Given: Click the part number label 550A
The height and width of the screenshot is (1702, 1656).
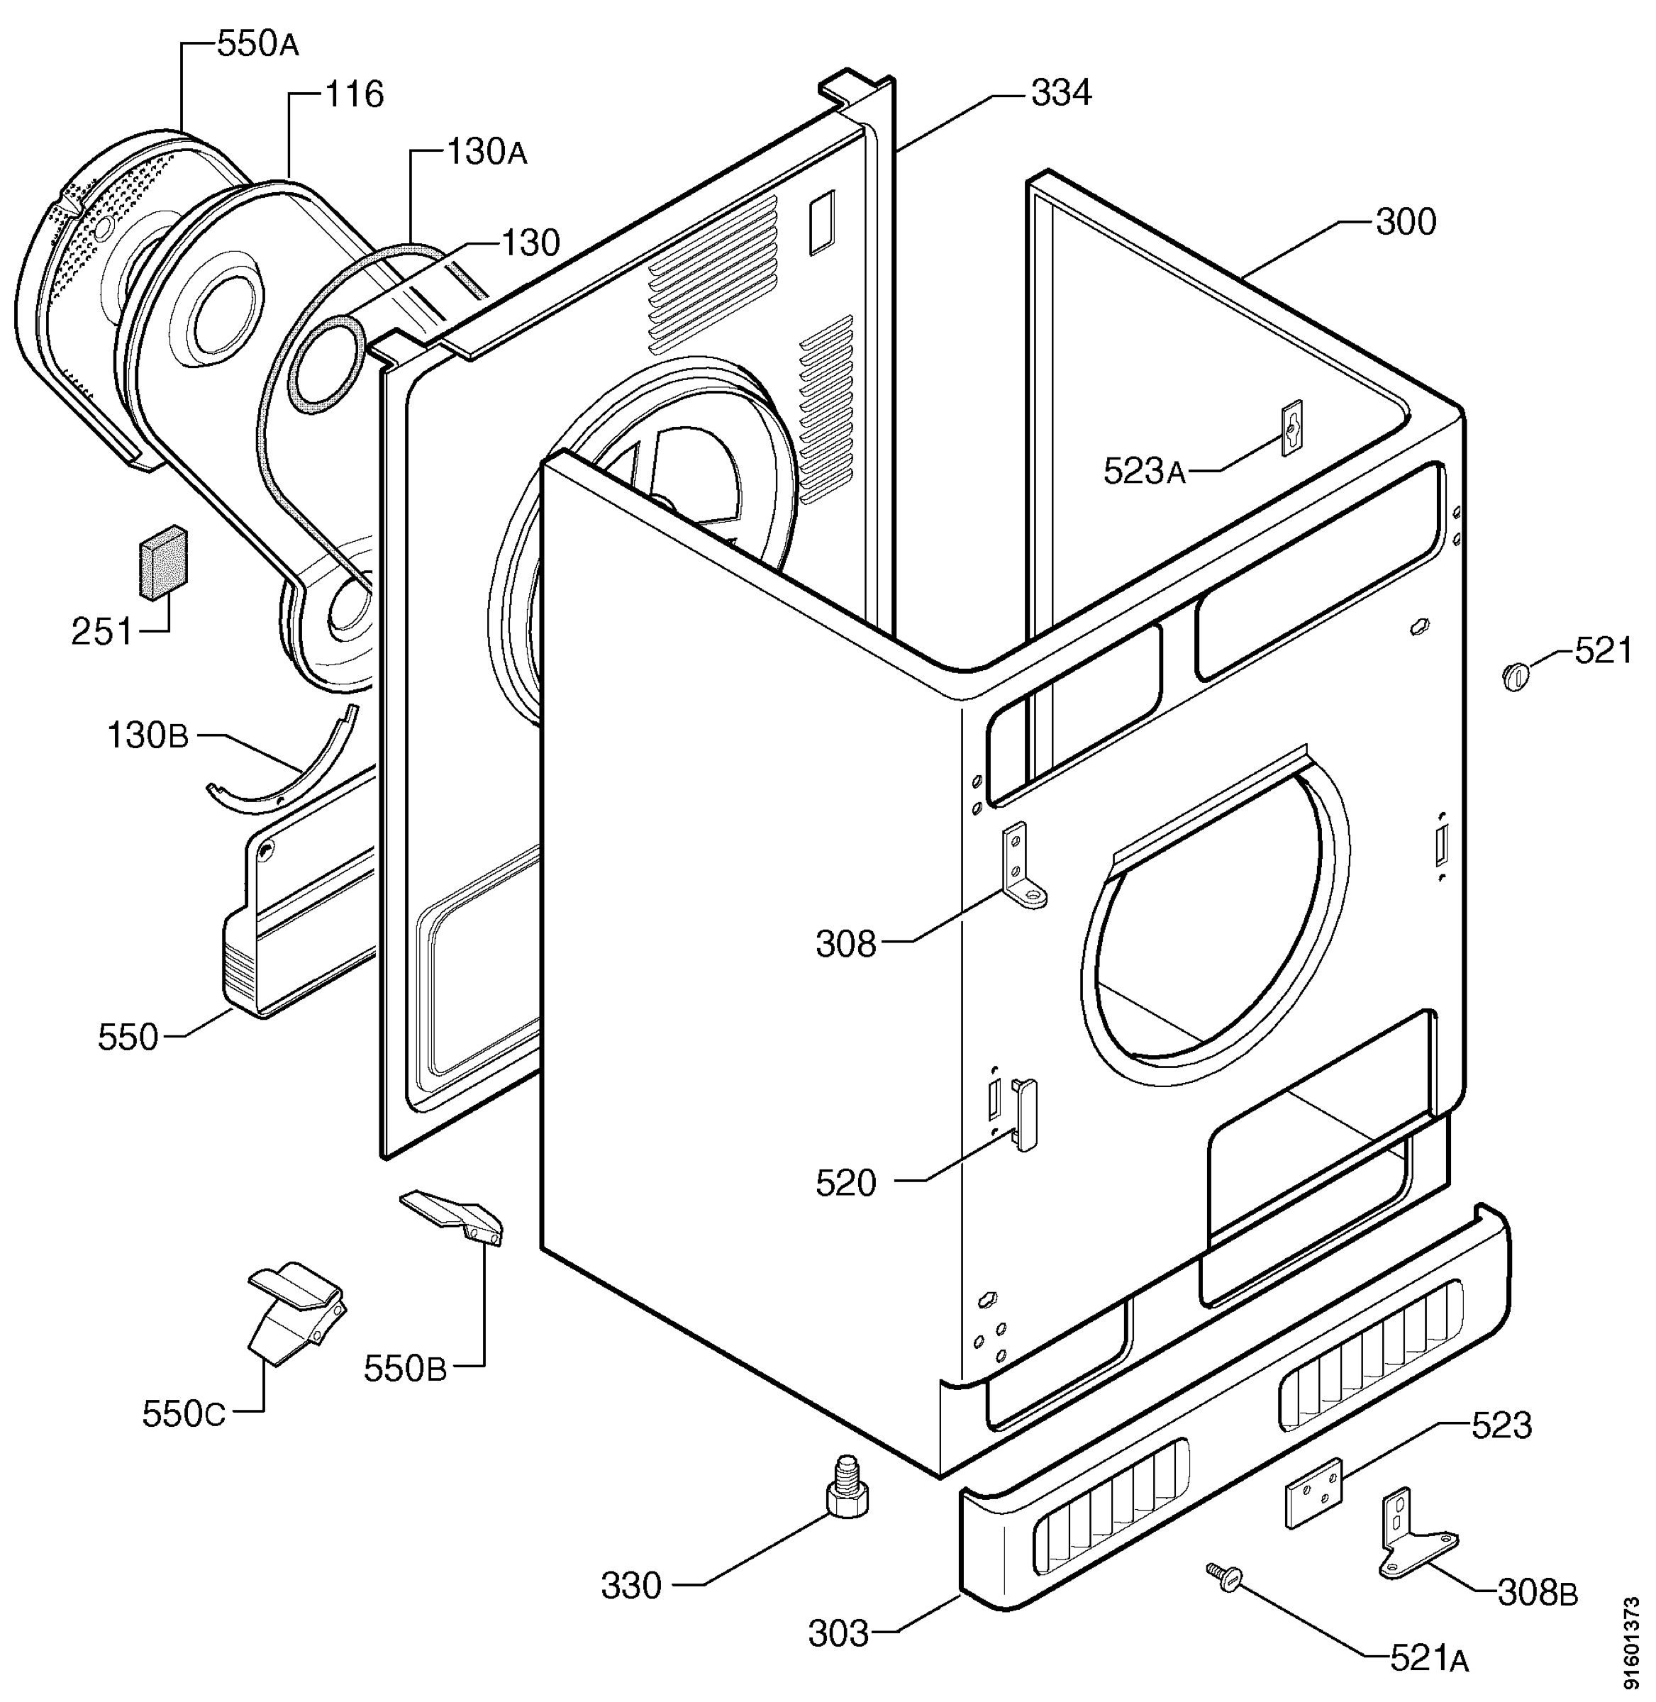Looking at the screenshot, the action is pyautogui.click(x=257, y=45).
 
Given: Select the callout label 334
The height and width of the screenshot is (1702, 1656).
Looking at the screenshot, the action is pyautogui.click(x=1061, y=92).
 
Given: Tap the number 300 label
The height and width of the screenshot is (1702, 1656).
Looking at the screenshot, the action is pyautogui.click(x=1406, y=223).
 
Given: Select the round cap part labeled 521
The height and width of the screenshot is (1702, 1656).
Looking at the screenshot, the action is pyautogui.click(x=1515, y=674).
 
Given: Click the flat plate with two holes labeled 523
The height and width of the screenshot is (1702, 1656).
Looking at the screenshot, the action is pyautogui.click(x=1314, y=1494).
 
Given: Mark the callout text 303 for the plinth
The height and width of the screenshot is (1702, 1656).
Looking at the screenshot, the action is pyautogui.click(x=838, y=1634).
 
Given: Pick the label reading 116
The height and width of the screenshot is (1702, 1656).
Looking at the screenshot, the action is pyautogui.click(x=354, y=94).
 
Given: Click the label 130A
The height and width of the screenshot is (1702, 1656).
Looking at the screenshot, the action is pyautogui.click(x=487, y=153).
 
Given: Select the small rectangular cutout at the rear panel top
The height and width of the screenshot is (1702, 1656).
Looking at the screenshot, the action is pyautogui.click(x=822, y=223).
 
